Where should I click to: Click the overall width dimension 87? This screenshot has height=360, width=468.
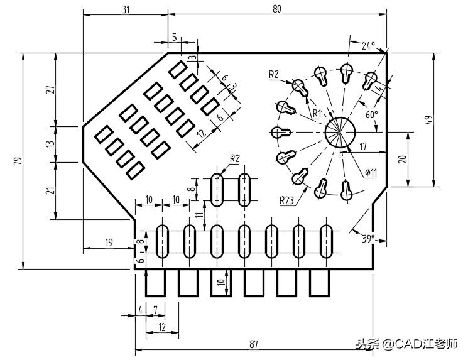(x=254, y=344)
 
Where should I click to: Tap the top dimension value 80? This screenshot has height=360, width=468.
(x=277, y=8)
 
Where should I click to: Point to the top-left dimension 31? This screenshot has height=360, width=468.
(x=126, y=8)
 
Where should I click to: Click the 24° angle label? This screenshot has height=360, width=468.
(x=368, y=45)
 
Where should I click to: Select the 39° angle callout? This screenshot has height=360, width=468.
(x=368, y=238)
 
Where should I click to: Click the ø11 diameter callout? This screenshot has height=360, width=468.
(x=371, y=172)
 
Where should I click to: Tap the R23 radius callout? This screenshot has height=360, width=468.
(x=288, y=200)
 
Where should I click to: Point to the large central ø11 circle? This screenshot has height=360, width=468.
(x=340, y=132)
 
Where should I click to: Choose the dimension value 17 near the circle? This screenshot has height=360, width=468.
(x=363, y=146)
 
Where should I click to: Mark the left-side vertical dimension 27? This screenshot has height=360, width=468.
(x=50, y=89)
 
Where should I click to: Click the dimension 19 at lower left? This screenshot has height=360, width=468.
(x=108, y=243)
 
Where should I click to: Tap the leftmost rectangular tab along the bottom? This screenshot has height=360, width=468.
(x=155, y=283)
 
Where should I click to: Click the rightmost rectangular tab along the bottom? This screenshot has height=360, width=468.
(x=319, y=283)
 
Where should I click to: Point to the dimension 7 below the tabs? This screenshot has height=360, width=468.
(x=155, y=310)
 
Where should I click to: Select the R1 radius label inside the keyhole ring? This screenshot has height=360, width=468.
(x=317, y=112)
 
